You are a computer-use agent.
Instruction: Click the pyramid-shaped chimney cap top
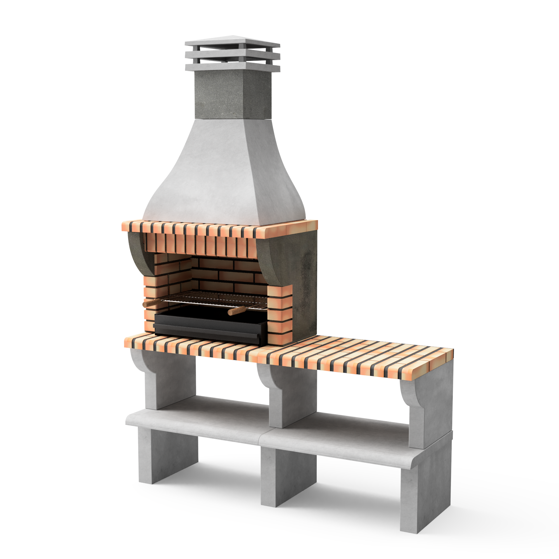click(x=232, y=41)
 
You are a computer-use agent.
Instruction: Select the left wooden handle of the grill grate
click(x=151, y=303)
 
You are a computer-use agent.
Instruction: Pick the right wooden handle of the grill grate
click(x=236, y=311)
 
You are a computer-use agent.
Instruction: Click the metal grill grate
click(x=214, y=298)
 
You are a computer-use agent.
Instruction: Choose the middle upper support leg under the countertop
click(x=292, y=396)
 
